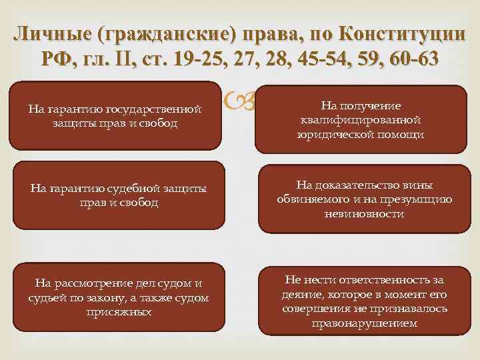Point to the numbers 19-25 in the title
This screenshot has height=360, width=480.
point(194,59)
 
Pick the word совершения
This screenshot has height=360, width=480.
point(313,309)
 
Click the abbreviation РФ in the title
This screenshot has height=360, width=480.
point(54,59)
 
